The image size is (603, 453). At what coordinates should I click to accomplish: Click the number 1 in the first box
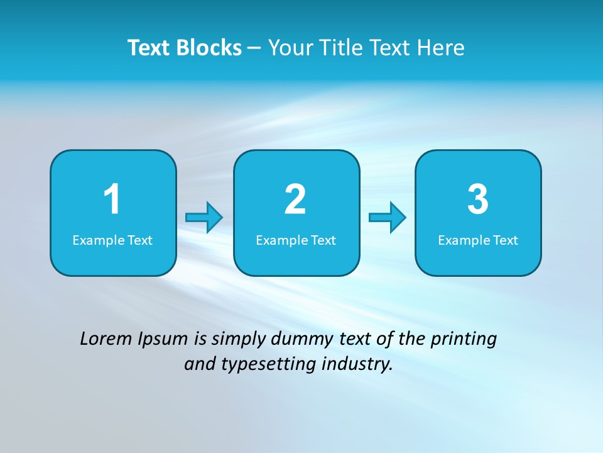[x=112, y=199]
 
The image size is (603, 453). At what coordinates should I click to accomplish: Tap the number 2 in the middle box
[x=295, y=199]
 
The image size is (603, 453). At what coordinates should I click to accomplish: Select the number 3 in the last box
[x=478, y=199]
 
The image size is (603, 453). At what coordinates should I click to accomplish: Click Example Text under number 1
[x=112, y=240]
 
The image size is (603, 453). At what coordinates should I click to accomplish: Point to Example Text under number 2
[x=296, y=240]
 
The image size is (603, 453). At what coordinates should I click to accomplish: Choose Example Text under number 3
[x=478, y=240]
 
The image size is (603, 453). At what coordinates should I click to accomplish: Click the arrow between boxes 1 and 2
[x=204, y=218]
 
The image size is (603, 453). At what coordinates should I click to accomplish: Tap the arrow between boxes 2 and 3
[x=388, y=218]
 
